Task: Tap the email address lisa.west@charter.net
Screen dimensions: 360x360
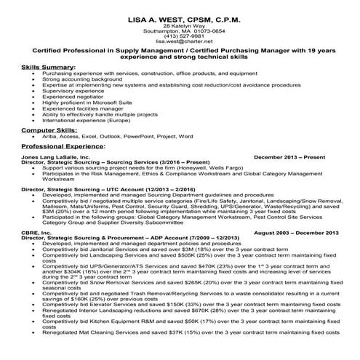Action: click(179, 41)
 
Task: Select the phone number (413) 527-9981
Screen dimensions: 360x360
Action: click(179, 36)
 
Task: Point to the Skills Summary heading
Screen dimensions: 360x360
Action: click(49, 66)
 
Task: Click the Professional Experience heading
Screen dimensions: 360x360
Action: click(63, 146)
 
